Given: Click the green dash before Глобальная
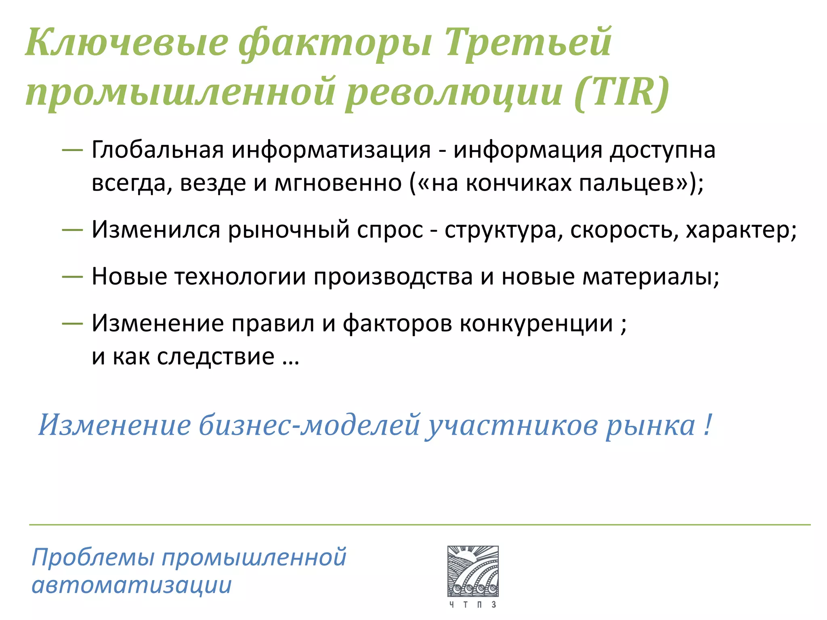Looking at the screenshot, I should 72,150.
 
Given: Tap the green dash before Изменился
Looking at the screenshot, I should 72,230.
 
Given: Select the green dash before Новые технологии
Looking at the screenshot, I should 72,276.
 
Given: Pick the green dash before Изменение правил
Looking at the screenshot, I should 72,323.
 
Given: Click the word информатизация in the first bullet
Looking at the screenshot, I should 331,150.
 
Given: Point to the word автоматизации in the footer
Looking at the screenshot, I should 132,585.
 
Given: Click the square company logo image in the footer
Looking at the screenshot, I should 473,571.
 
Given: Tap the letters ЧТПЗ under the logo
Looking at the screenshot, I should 473,604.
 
